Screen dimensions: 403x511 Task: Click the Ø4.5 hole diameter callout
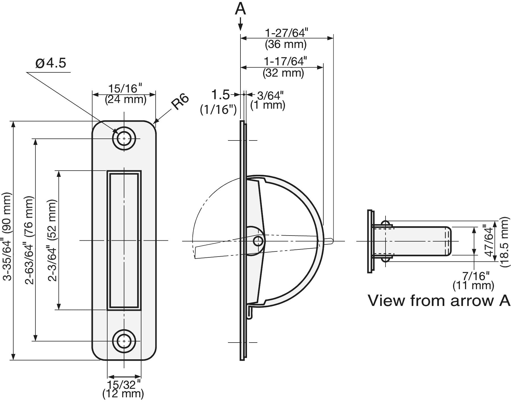point(51,63)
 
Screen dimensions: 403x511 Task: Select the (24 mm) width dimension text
point(125,100)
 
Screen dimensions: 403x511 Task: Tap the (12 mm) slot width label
point(123,394)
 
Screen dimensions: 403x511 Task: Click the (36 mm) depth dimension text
point(286,44)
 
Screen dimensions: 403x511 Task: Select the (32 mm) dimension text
point(283,73)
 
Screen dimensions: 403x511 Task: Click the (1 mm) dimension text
point(268,105)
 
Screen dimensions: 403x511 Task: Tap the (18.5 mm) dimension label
point(504,242)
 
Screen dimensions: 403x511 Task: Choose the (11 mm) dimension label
point(473,285)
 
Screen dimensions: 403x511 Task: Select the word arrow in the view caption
point(472,301)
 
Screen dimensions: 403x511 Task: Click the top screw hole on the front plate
point(124,139)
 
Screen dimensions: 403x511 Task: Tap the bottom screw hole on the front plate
point(124,341)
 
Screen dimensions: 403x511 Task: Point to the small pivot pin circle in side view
point(258,241)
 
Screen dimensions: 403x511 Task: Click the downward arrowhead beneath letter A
point(240,27)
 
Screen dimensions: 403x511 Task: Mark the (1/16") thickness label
point(218,110)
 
